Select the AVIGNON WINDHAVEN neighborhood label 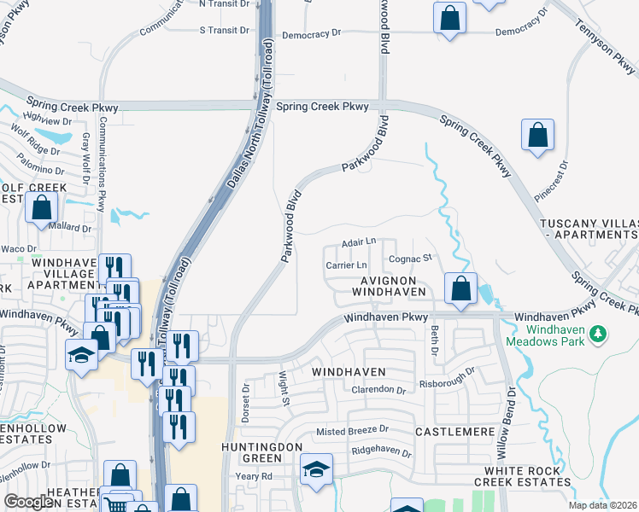pyautogui.click(x=393, y=286)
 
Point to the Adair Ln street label pyautogui.click(x=359, y=242)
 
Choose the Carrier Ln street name pyautogui.click(x=345, y=265)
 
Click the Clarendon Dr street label pyautogui.click(x=378, y=390)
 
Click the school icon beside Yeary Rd pyautogui.click(x=316, y=469)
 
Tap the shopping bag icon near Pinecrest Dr pyautogui.click(x=537, y=135)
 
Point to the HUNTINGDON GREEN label pyautogui.click(x=261, y=447)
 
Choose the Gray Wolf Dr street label pyautogui.click(x=85, y=159)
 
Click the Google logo pyautogui.click(x=29, y=502)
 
